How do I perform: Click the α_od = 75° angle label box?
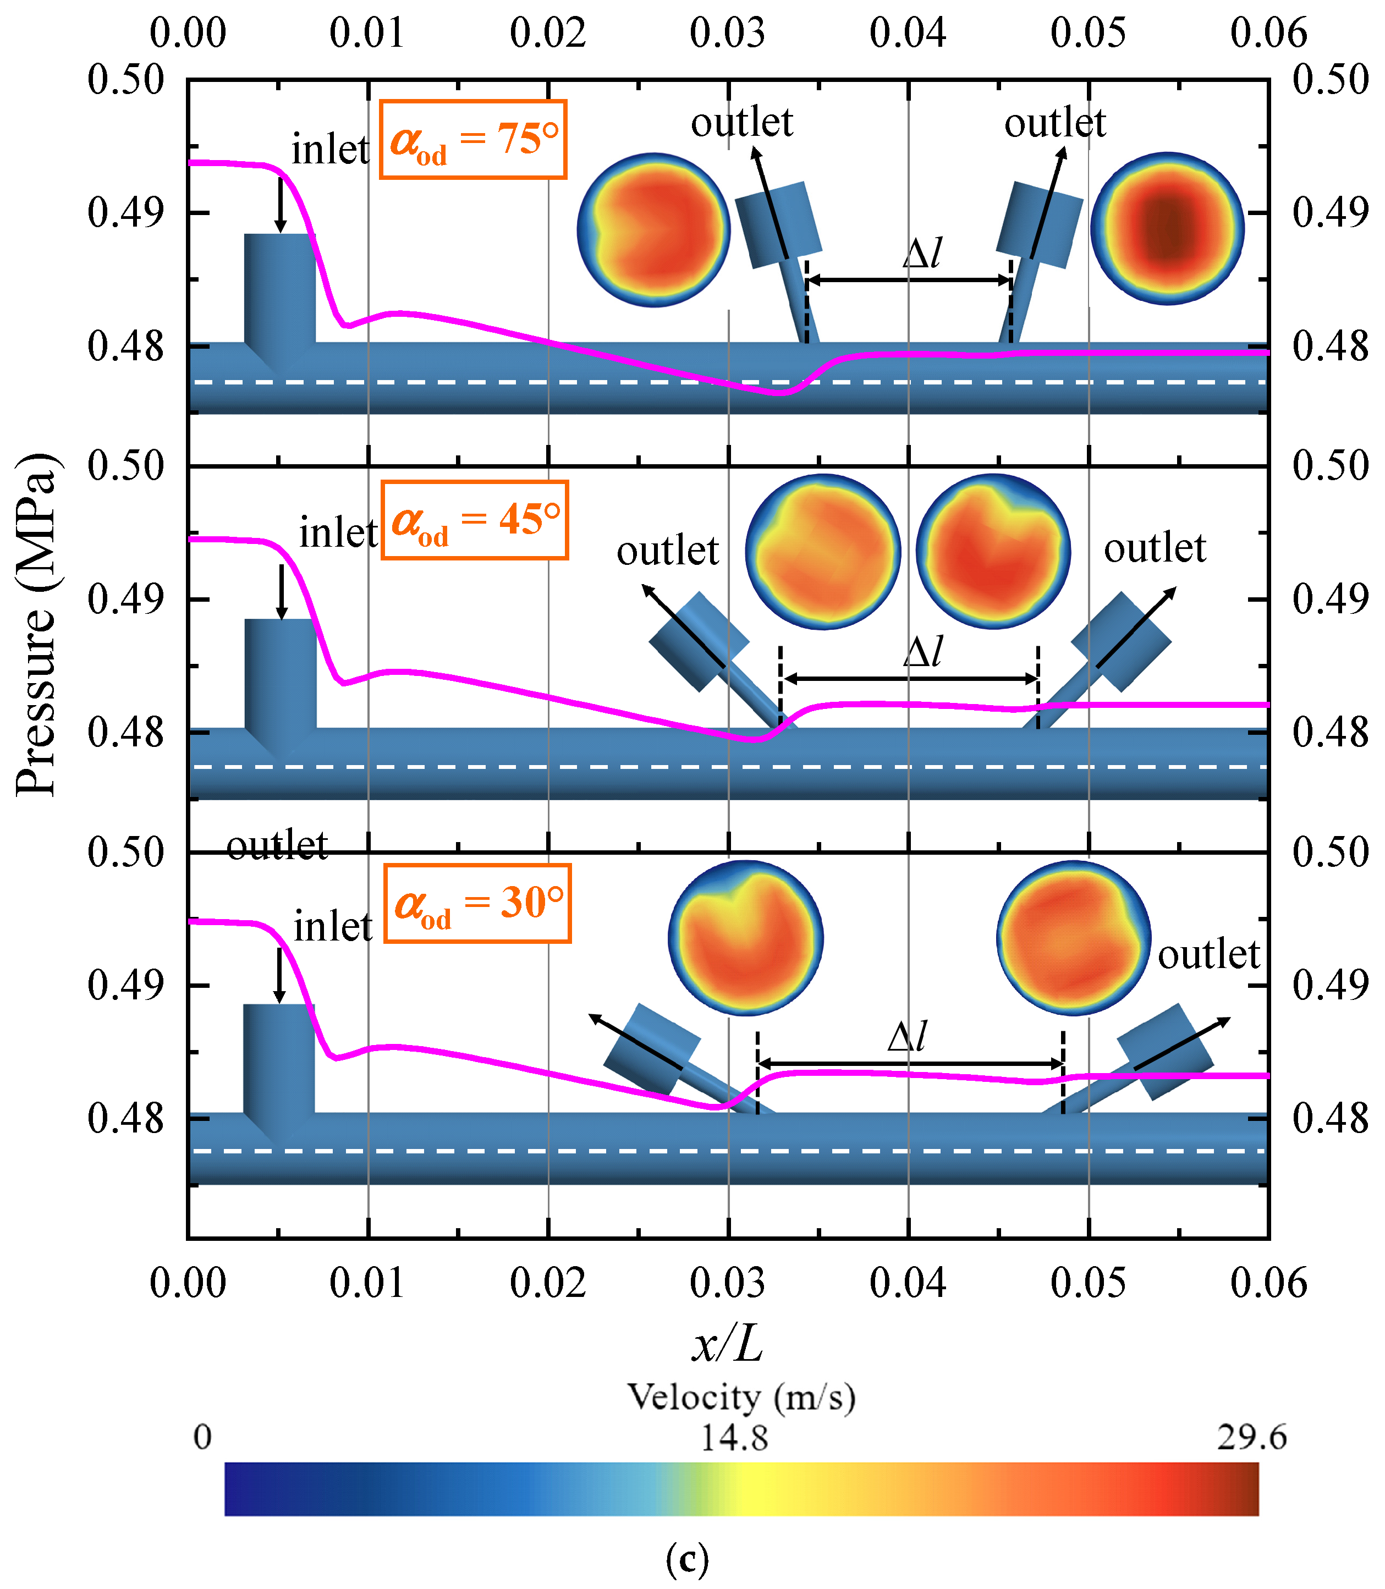[473, 140]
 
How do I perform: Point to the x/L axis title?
[727, 1343]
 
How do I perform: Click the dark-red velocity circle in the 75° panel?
[1167, 229]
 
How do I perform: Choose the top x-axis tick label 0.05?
[1088, 33]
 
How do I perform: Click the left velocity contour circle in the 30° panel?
[745, 938]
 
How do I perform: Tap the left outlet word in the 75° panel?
[742, 122]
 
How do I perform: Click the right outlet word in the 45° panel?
[1155, 549]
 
